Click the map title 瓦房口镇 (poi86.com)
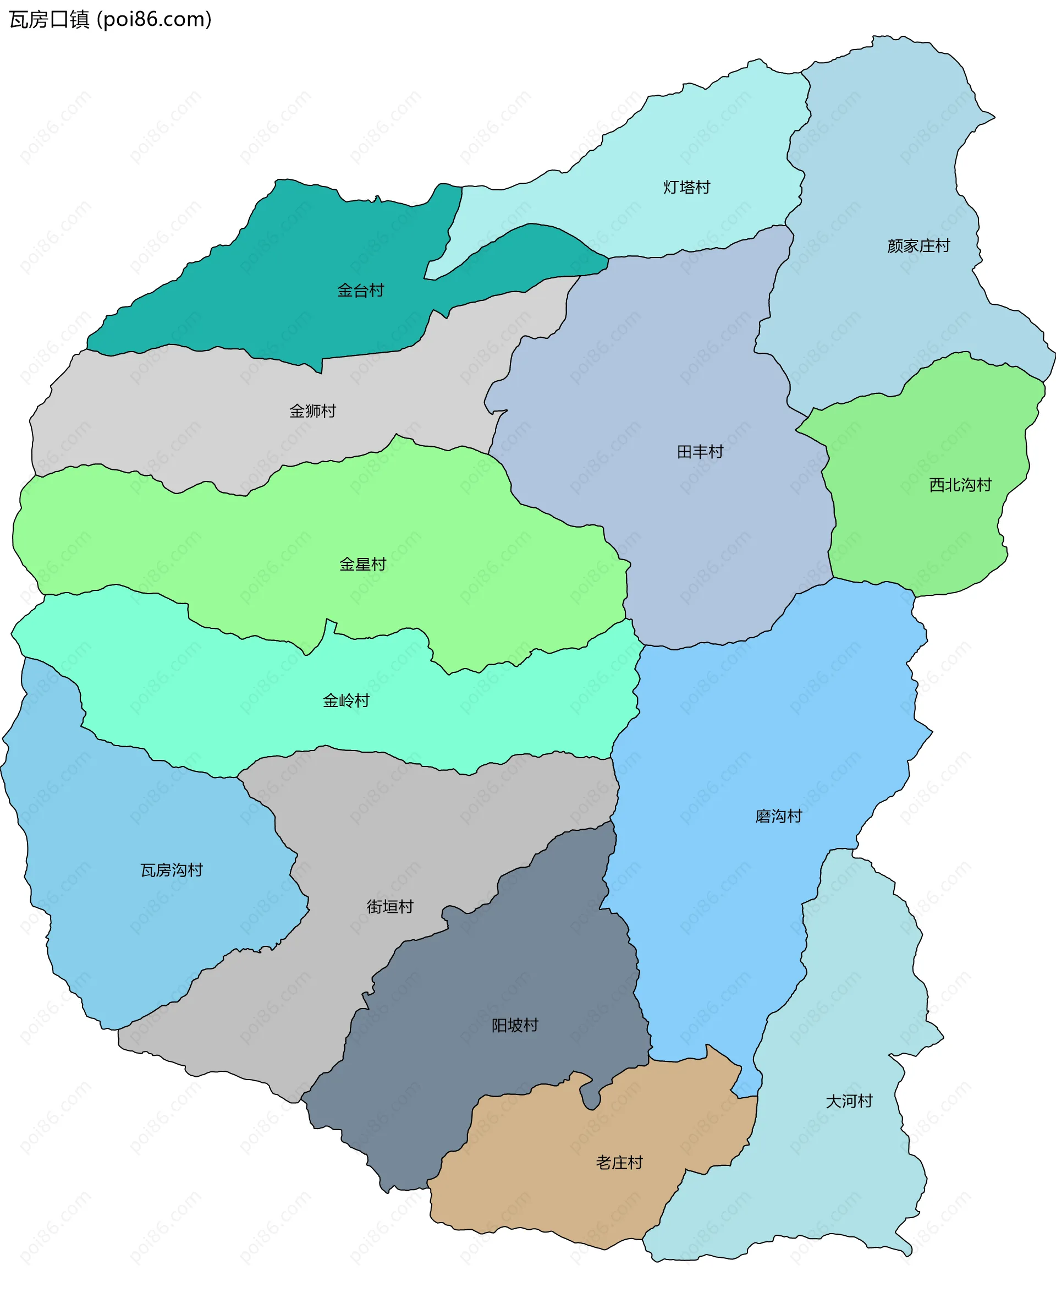(110, 19)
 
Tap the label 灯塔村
(686, 187)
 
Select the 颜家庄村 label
(918, 246)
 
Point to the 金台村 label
(360, 291)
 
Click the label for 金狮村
(312, 412)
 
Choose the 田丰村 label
(700, 452)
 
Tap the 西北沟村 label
(960, 485)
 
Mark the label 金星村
(362, 564)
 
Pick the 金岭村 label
(345, 701)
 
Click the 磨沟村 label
(778, 816)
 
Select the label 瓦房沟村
(172, 870)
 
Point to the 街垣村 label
(390, 907)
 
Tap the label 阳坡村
(515, 1026)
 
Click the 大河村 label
(849, 1101)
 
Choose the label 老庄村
(619, 1163)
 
